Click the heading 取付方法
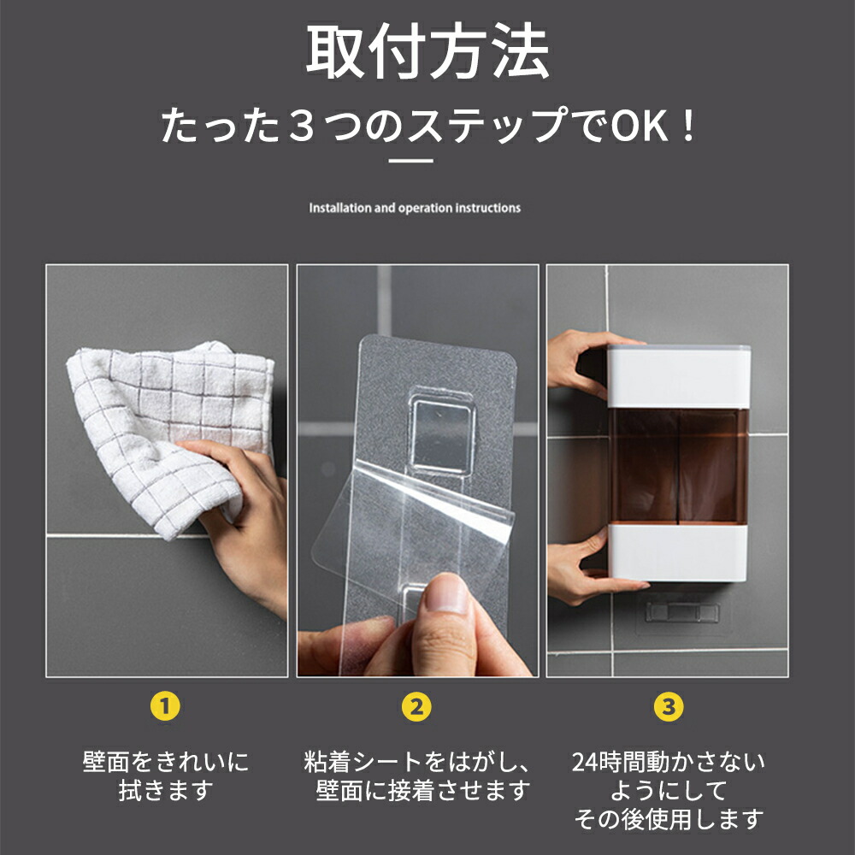[427, 55]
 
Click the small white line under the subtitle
[411, 160]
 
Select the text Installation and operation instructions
[415, 208]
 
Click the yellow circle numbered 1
[166, 706]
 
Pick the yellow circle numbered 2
[416, 706]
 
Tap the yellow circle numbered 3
[669, 706]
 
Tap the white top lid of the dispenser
[679, 374]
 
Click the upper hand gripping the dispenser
[577, 363]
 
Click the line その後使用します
[668, 820]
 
